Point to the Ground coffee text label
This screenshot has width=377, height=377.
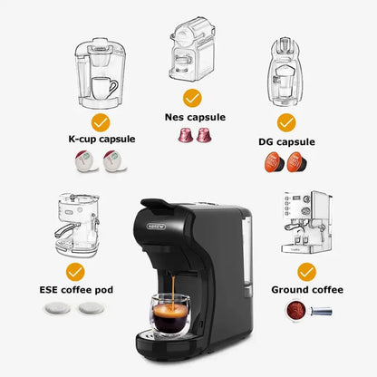[x=308, y=290]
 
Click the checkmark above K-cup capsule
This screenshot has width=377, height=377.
[x=101, y=121]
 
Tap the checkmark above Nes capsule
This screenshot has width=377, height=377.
[x=191, y=97]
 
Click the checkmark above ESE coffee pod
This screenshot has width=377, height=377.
[x=75, y=270]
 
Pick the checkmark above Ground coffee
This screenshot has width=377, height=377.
[x=307, y=270]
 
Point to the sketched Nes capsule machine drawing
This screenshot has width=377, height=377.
[x=191, y=50]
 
